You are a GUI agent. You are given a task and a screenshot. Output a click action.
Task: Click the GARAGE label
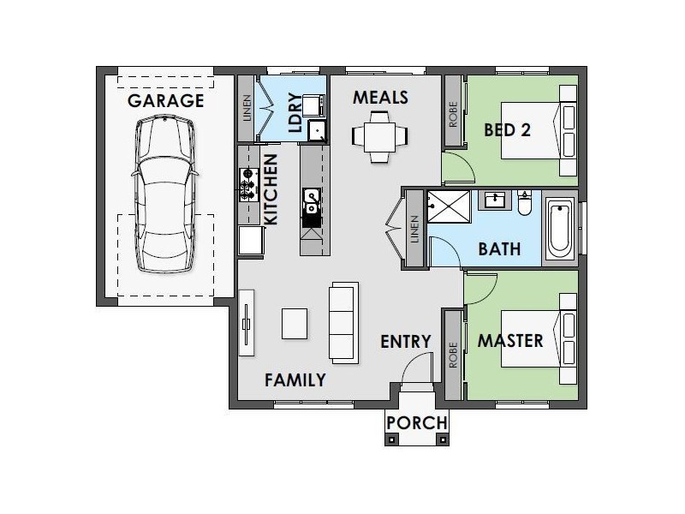[165, 101]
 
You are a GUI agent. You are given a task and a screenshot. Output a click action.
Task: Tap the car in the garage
[164, 194]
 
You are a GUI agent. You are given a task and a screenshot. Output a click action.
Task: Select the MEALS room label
[380, 97]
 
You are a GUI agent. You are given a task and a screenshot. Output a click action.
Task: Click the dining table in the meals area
[379, 137]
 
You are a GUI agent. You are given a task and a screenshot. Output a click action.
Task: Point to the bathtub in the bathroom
[560, 228]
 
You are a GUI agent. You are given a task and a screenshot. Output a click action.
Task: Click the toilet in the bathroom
[524, 203]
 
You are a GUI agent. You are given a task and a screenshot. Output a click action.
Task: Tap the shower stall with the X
[449, 206]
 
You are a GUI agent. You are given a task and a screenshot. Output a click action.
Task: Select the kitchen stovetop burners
[249, 185]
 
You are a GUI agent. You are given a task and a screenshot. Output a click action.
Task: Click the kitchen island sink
[311, 201]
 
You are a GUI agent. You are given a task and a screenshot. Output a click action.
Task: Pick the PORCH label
[417, 422]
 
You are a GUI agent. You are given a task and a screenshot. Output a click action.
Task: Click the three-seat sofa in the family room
[343, 323]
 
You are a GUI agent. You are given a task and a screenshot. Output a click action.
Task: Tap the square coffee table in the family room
[295, 324]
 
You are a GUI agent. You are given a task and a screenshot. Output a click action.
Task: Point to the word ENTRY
[405, 341]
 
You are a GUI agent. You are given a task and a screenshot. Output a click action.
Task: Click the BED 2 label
[507, 130]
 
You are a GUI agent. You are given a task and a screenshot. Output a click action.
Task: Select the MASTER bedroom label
[510, 340]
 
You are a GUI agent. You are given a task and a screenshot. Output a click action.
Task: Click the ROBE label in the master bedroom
[453, 355]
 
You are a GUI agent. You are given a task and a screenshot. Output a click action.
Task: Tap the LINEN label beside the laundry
[247, 108]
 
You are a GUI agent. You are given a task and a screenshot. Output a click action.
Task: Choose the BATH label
[499, 249]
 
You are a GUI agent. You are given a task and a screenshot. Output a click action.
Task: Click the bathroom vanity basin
[495, 200]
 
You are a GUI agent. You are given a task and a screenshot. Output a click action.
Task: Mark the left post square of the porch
[392, 439]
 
